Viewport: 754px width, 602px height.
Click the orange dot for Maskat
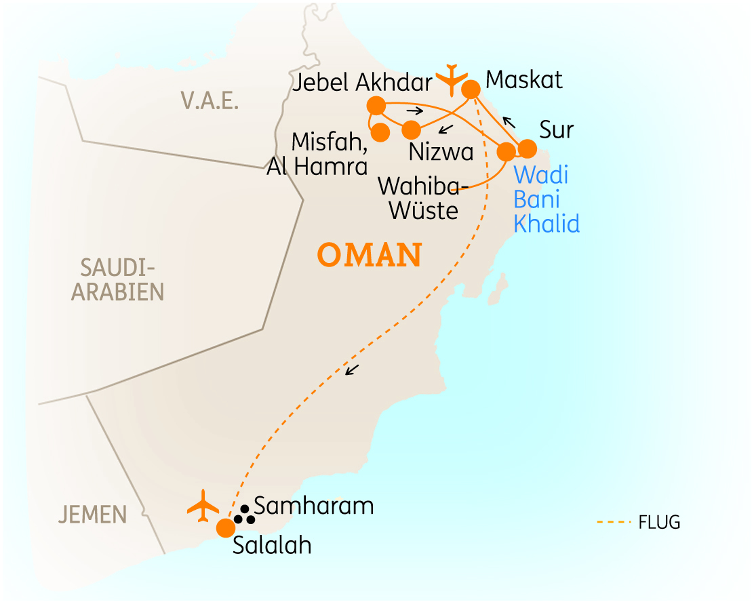471,89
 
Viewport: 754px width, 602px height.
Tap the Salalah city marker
225,527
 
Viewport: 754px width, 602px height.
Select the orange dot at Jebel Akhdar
376,106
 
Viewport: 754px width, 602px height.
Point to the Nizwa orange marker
411,129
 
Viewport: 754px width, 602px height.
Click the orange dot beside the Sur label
527,148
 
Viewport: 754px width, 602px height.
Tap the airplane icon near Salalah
203,506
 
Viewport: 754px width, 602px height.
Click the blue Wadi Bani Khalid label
547,199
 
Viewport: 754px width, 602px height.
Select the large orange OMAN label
370,256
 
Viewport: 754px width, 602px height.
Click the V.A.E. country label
210,101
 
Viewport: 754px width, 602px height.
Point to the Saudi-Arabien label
118,279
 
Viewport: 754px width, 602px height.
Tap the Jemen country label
92,515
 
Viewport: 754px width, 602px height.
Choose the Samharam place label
313,506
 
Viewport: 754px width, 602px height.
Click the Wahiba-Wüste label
418,197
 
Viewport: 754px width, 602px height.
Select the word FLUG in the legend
659,523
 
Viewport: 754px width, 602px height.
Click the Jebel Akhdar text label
363,83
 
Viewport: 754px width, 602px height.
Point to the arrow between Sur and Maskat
509,122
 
